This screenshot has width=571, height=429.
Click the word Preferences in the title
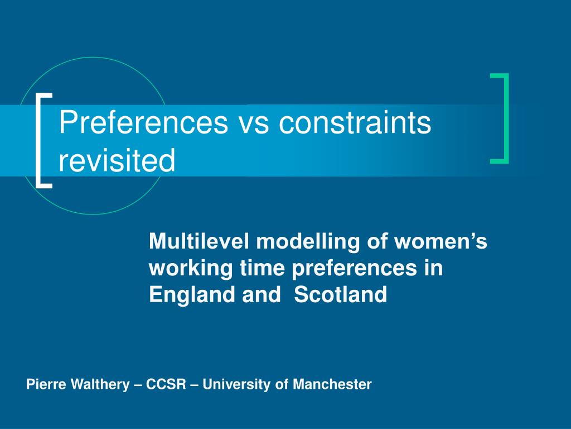point(143,122)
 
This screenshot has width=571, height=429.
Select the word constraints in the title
point(355,122)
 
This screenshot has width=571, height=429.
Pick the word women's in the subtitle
point(441,241)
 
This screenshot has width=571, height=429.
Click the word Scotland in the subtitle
point(340,294)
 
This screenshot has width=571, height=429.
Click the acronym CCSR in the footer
point(166,384)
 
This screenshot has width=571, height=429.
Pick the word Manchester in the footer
point(332,384)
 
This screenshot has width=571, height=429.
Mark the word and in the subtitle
point(262,294)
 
